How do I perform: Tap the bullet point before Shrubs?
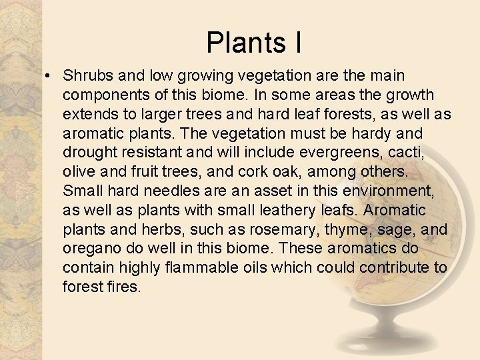click(50, 75)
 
